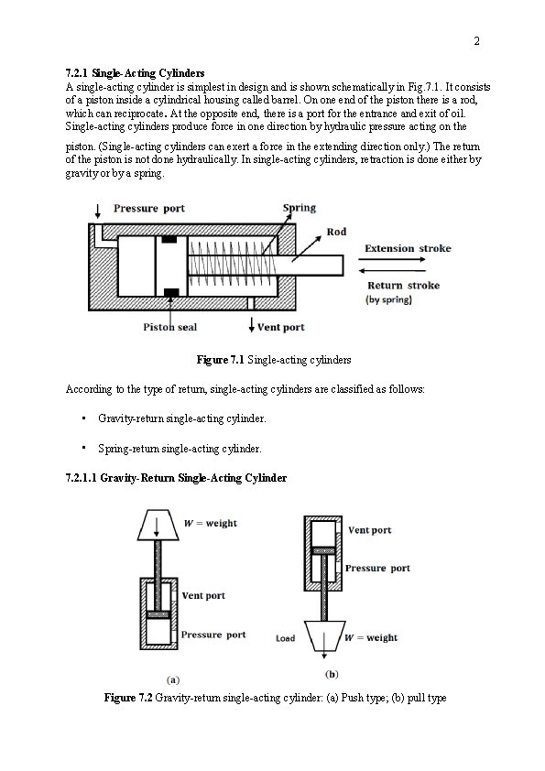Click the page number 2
pos(476,41)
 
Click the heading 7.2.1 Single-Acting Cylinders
pos(135,73)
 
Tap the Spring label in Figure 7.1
pos(299,208)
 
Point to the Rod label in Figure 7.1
pos(336,232)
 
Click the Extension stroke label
pos(408,248)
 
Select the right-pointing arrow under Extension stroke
pos(391,259)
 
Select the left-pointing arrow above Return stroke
pos(391,270)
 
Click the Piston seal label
pos(169,327)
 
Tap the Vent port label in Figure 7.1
pos(281,327)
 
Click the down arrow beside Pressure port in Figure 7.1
pos(98,211)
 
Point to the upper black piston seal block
pos(169,240)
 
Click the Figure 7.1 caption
pos(274,360)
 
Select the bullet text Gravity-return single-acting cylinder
pos(182,418)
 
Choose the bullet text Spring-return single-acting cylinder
pos(180,449)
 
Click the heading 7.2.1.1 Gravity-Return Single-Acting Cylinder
pos(176,478)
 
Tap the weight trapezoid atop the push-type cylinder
pos(158,526)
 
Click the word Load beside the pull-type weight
pos(285,638)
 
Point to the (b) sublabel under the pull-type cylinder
pos(332,674)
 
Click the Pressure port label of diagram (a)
pos(213,635)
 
